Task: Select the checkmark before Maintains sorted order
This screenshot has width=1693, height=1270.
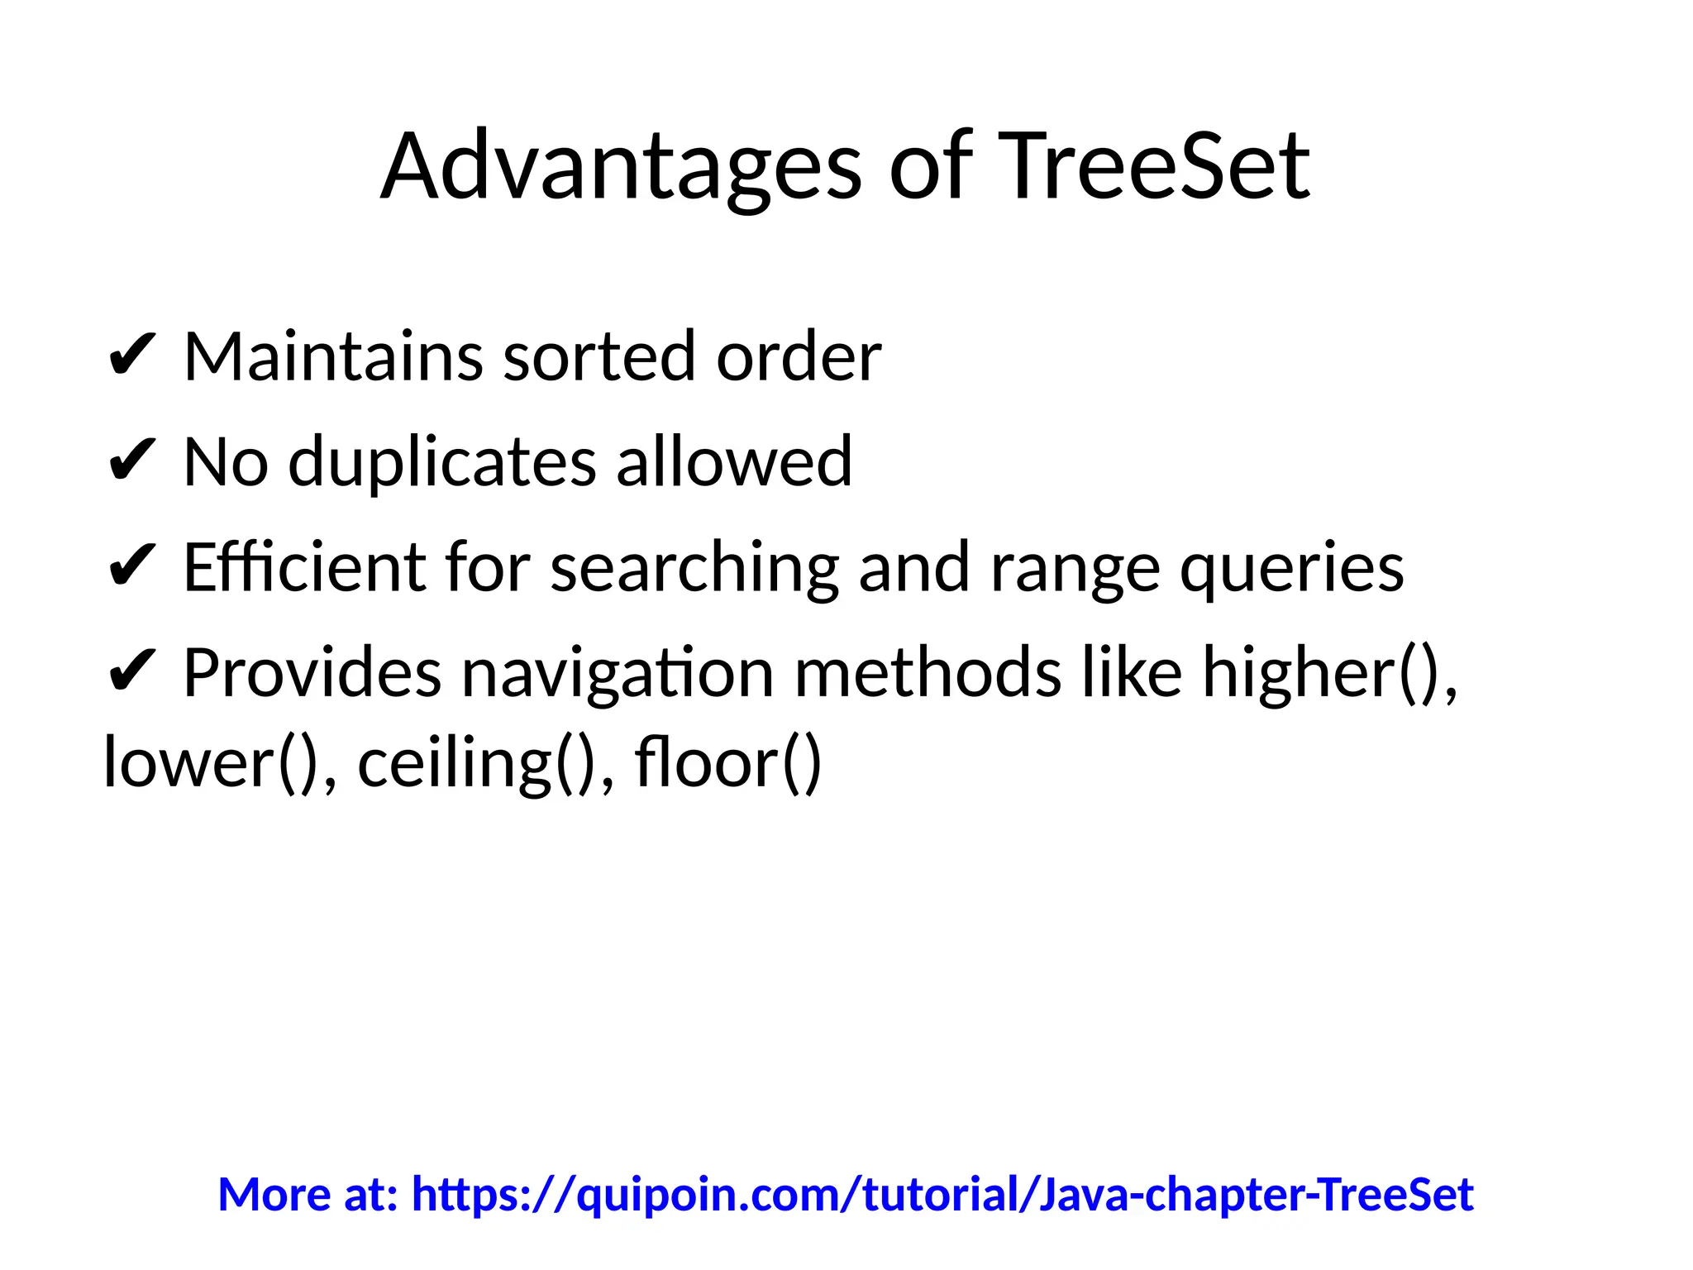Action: point(131,357)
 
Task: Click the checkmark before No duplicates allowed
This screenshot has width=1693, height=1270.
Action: point(131,462)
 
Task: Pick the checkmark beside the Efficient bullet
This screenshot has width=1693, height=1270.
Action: point(131,568)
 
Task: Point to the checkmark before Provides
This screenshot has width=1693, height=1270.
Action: point(131,673)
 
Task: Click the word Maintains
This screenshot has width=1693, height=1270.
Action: point(333,357)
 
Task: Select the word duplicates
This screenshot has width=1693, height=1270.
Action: point(442,462)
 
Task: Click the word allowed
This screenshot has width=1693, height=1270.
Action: point(734,462)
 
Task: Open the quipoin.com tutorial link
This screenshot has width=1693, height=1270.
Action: point(942,1195)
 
